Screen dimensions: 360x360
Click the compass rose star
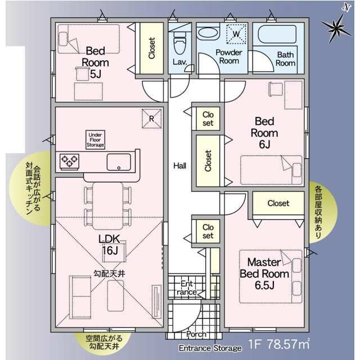coord(336,28)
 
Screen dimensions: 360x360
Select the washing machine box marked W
coord(236,34)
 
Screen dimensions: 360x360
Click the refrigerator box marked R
coord(151,119)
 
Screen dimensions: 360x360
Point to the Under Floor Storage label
coord(95,140)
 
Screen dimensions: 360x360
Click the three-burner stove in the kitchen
coord(70,161)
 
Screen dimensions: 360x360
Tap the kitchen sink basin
coord(119,162)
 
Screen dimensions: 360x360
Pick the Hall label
coord(180,166)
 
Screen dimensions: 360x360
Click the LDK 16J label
coord(110,245)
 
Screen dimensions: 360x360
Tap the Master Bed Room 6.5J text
coord(264,274)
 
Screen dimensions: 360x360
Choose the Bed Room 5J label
coord(95,62)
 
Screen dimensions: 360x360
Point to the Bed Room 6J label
coord(264,133)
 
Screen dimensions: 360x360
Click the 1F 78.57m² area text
coord(279,344)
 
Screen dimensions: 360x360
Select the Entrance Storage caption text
coord(210,348)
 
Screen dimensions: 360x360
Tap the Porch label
coord(196,334)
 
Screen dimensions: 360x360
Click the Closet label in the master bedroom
coord(278,203)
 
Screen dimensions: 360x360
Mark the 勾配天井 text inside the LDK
coord(109,273)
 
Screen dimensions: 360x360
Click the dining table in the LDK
coord(107,206)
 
